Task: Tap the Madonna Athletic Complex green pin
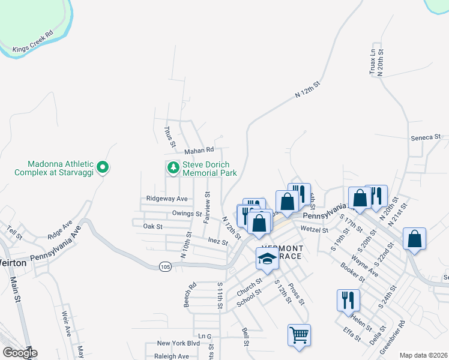[x=103, y=166]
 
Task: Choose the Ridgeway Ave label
[x=167, y=199]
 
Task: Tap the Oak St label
[x=152, y=226]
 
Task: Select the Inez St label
[x=217, y=242]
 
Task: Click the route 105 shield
[x=166, y=265]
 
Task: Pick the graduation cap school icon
[x=267, y=258]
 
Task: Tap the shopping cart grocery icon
[x=299, y=334]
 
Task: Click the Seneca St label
[x=426, y=137]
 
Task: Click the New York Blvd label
[x=178, y=343]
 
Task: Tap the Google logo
[x=20, y=353]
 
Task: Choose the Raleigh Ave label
[x=172, y=356]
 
